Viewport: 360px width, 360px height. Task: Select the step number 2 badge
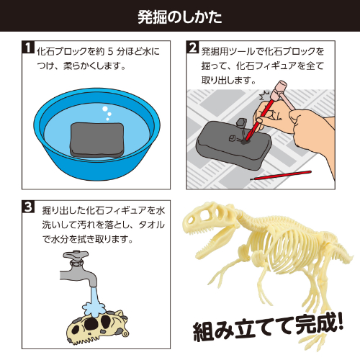[193, 49]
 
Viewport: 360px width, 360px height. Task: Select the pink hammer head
[278, 94]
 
